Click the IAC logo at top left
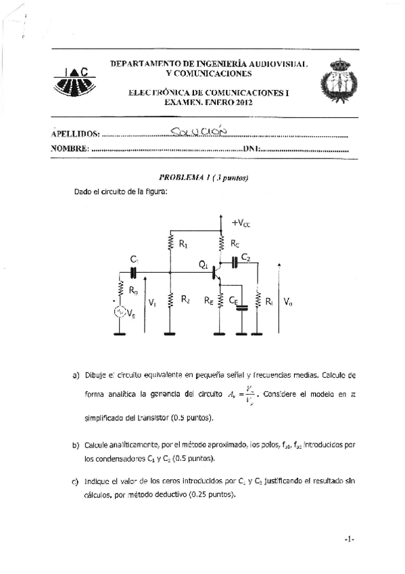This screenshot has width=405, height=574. click(71, 81)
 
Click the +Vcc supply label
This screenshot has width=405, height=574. click(241, 222)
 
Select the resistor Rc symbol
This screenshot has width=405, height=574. click(222, 242)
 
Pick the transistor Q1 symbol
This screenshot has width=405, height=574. click(216, 272)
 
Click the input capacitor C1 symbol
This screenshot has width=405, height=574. click(133, 271)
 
